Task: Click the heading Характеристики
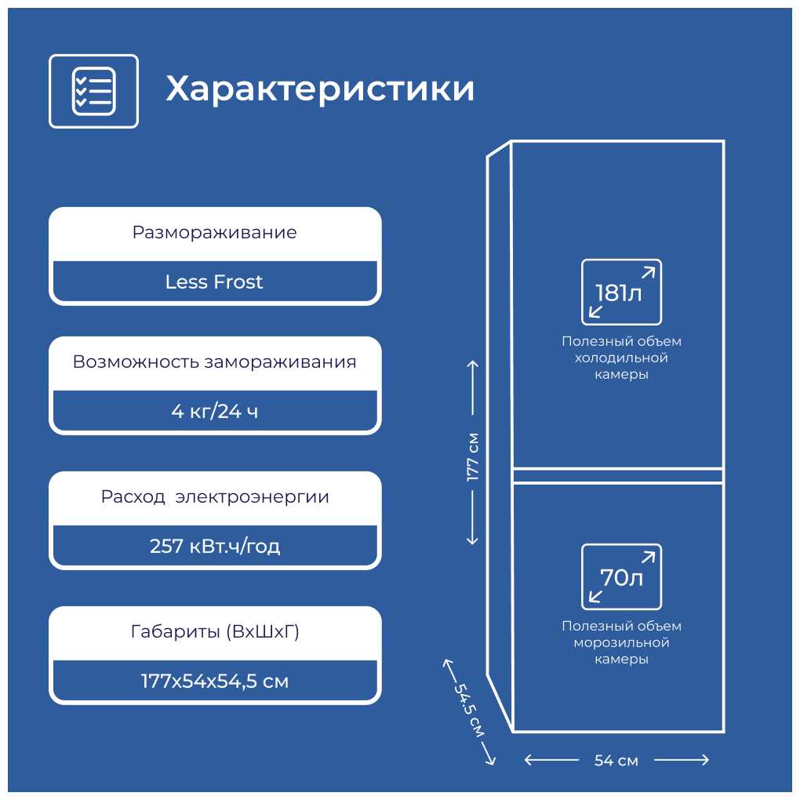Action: pyautogui.click(x=320, y=89)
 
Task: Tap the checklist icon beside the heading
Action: pyautogui.click(x=94, y=91)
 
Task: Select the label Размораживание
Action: pyautogui.click(x=214, y=233)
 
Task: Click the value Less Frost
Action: pyautogui.click(x=214, y=282)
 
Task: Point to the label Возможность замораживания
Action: pyautogui.click(x=214, y=362)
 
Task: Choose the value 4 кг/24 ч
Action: pyautogui.click(x=214, y=411)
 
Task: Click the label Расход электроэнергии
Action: pyautogui.click(x=215, y=496)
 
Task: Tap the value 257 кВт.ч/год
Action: pyautogui.click(x=215, y=546)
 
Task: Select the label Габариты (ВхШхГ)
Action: pyautogui.click(x=215, y=631)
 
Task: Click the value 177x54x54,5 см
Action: pyautogui.click(x=215, y=681)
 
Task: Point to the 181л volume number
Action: pyautogui.click(x=618, y=293)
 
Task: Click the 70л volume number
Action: pyautogui.click(x=621, y=577)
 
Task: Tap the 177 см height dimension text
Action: pyautogui.click(x=472, y=457)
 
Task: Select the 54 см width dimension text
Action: pyautogui.click(x=616, y=761)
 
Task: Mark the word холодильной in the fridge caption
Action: pyautogui.click(x=621, y=358)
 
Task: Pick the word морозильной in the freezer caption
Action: pyautogui.click(x=621, y=642)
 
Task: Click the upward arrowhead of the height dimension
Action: pyautogui.click(x=472, y=365)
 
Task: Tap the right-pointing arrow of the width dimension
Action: pyautogui.click(x=682, y=760)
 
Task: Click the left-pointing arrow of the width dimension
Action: pyautogui.click(x=551, y=760)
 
